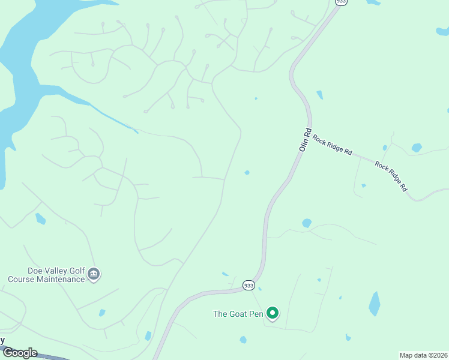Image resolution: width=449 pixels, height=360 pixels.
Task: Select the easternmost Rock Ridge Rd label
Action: (391, 175)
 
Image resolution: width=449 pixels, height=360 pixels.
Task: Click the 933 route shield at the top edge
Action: (341, 2)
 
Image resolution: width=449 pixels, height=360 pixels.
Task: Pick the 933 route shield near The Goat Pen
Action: (249, 286)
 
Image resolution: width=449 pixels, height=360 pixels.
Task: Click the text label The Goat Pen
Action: (238, 313)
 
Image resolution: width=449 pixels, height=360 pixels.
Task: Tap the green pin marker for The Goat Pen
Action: (273, 313)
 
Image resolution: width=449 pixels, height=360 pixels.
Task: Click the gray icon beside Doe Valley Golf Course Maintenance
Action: (94, 275)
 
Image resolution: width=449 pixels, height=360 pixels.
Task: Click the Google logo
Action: (19, 353)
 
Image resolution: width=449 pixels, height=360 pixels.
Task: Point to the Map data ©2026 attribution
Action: (424, 355)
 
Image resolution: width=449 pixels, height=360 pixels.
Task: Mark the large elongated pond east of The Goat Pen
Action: (375, 304)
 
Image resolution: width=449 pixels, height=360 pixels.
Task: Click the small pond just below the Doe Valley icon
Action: (102, 313)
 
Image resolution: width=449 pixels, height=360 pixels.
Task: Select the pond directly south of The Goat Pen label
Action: (243, 340)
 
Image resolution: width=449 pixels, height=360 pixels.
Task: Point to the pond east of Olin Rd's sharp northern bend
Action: (319, 95)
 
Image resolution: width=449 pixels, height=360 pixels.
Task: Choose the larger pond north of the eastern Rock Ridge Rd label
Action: (417, 148)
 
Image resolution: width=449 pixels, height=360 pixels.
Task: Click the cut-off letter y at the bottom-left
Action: (2, 340)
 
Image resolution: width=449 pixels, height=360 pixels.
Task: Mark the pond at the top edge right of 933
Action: (373, 2)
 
